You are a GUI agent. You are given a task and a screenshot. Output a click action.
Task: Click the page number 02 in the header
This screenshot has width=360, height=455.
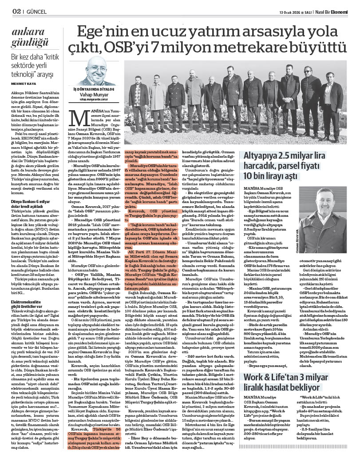[16, 11]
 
